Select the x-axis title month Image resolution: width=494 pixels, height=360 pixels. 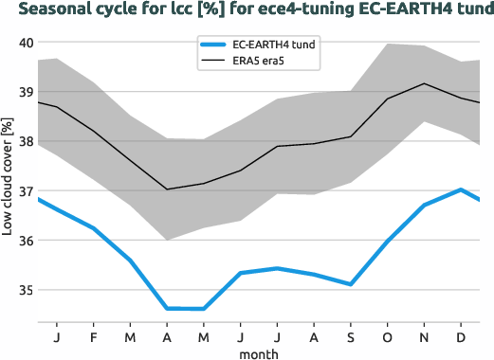(258, 352)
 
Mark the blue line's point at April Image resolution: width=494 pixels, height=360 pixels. (167, 308)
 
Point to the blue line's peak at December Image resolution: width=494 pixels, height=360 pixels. (461, 189)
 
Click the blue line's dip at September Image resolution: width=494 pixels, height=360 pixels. (350, 284)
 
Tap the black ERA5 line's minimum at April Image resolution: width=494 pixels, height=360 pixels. (167, 189)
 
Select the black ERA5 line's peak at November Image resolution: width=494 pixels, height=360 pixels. (424, 83)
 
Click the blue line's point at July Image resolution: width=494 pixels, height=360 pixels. (277, 268)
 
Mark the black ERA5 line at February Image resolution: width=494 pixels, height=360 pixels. (93, 131)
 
